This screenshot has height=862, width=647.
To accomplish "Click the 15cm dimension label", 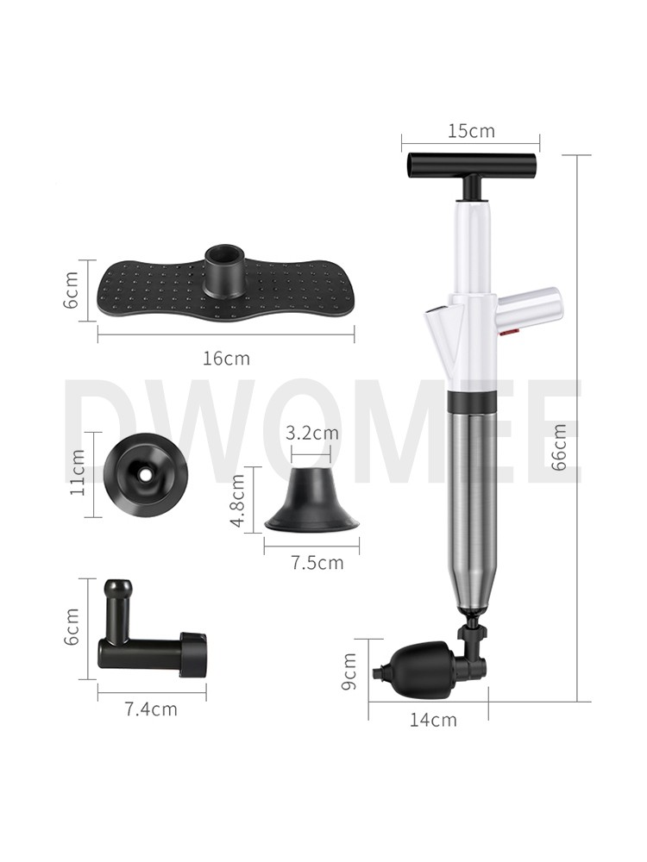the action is click(471, 131).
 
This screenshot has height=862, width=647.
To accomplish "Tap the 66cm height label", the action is click(558, 447).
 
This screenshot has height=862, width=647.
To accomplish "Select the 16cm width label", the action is click(226, 359).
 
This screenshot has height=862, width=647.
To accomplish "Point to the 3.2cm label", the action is click(311, 433).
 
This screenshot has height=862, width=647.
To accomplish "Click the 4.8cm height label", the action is click(238, 500).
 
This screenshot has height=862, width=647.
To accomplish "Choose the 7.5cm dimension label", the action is click(317, 562).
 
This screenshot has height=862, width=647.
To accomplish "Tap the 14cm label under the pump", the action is click(433, 720).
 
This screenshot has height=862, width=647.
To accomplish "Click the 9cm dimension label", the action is click(349, 671).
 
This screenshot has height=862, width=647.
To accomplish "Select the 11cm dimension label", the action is click(78, 472).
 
